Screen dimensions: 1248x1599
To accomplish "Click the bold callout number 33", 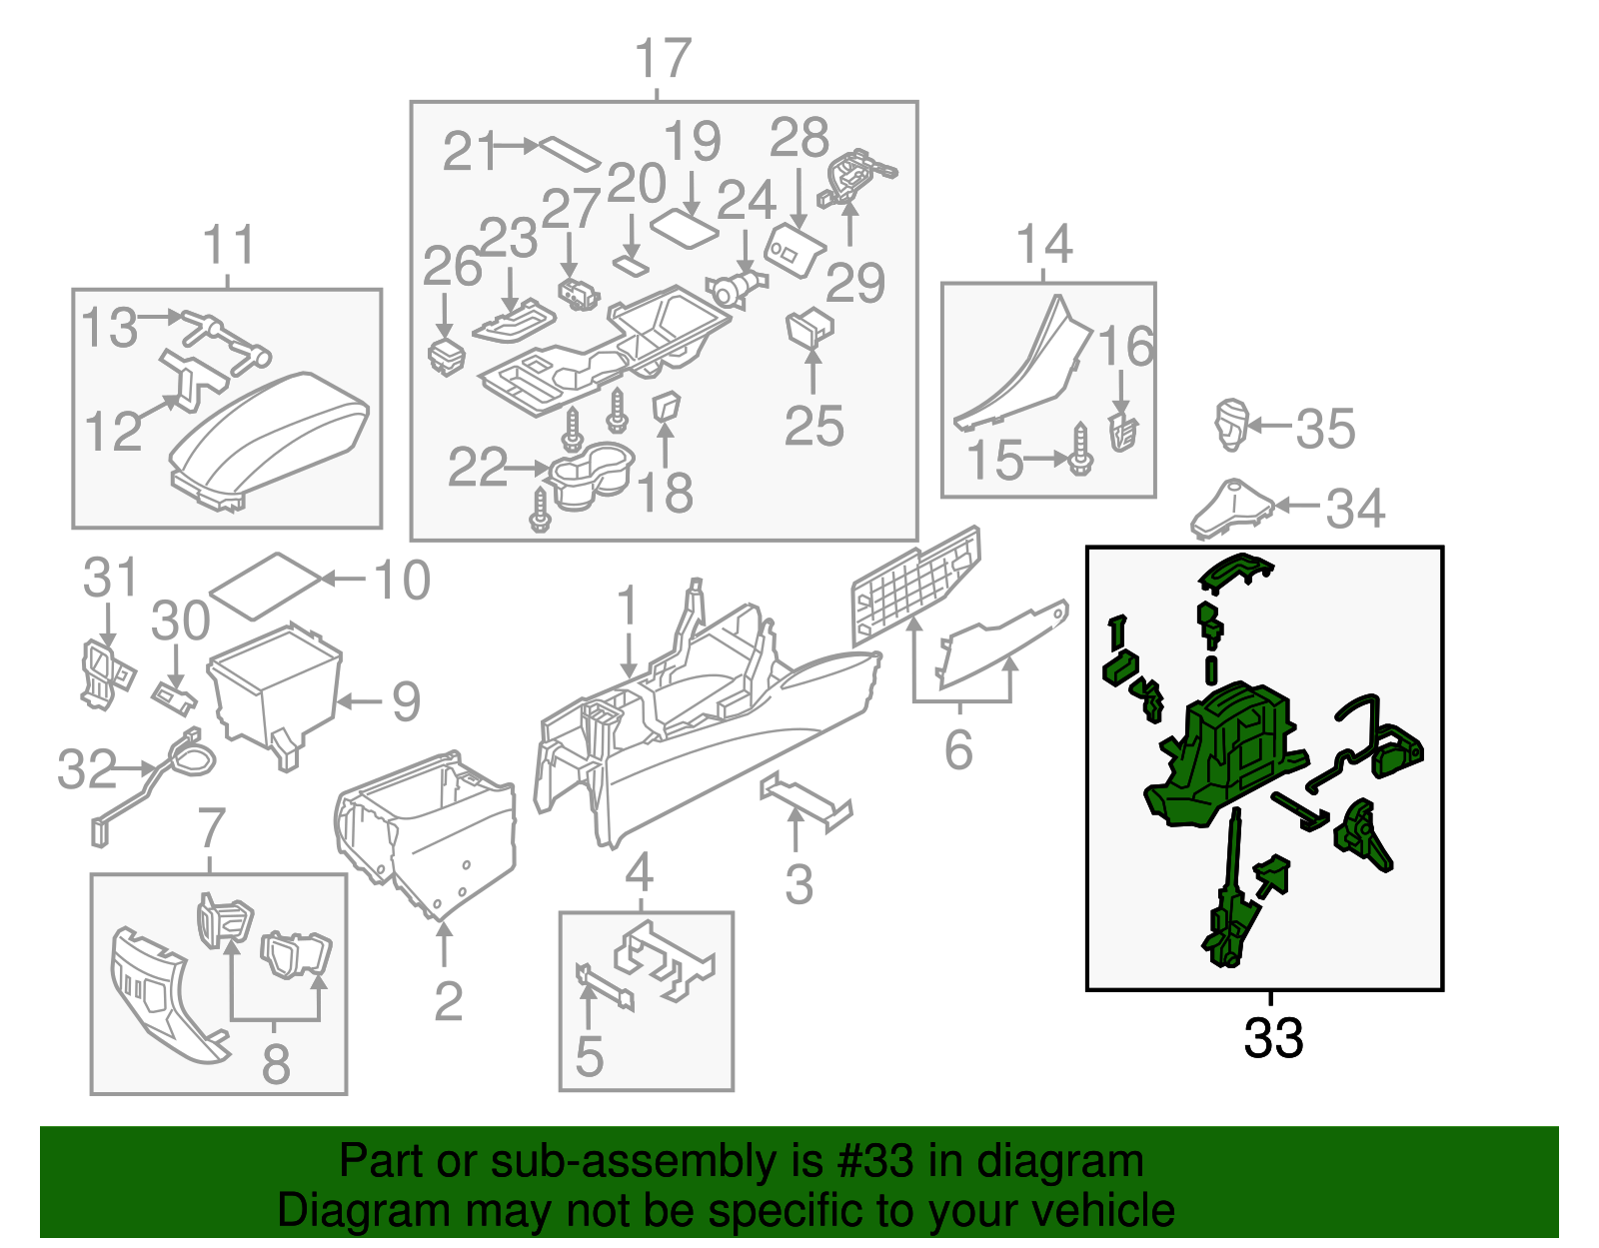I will coord(1272,1038).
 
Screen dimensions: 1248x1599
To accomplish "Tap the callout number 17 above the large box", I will coord(663,59).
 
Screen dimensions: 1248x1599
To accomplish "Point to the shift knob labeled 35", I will coord(1231,424).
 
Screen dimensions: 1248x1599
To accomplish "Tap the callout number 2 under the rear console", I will coord(448,1001).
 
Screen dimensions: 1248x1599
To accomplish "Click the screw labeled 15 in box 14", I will coord(1080,451).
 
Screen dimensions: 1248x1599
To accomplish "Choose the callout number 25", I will coord(813,427).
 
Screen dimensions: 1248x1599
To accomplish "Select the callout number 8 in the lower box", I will coord(275,1063).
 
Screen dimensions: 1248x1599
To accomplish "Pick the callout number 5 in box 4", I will coord(589,1057).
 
